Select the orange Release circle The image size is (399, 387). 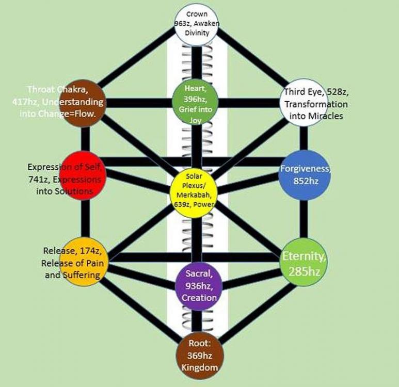click(83, 261)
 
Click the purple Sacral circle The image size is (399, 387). click(197, 284)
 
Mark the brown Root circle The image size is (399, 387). click(198, 356)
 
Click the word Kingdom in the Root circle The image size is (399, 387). click(198, 368)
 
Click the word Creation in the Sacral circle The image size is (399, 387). click(199, 298)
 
